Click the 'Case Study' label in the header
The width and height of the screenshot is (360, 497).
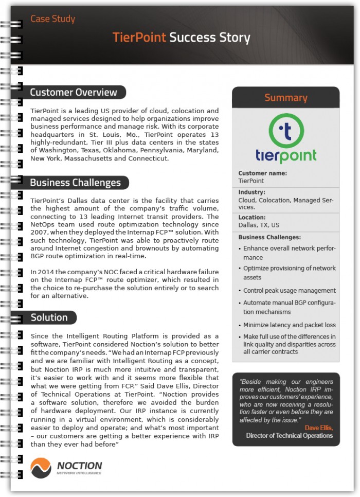coord(52,19)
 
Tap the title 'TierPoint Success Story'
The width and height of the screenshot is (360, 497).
coord(182,38)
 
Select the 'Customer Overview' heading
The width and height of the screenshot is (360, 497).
coord(74,93)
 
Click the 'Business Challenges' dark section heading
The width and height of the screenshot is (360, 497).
coord(75,183)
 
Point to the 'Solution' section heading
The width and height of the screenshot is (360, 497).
coord(49,317)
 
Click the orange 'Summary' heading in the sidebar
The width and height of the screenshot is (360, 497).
coord(285,97)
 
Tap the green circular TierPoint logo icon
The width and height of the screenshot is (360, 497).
coord(286,131)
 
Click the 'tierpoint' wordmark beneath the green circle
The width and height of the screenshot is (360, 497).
coord(286,156)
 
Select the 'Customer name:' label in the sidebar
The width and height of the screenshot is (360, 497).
coord(262,173)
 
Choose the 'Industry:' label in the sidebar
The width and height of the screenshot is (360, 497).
coord(251,192)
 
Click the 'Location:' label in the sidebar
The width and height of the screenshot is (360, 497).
coord(252,218)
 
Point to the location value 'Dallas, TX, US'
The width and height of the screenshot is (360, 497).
coord(259,225)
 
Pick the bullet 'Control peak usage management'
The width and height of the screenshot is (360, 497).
coord(289,291)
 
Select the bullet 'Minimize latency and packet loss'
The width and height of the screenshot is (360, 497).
coord(289,325)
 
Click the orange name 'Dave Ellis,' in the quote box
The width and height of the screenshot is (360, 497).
coord(318,428)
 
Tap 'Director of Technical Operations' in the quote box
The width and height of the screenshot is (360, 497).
coord(289,436)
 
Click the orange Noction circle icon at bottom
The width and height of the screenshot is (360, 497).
coord(41,468)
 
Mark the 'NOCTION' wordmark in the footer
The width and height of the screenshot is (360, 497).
coord(79,465)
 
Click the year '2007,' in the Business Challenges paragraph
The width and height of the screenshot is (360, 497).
coord(40,232)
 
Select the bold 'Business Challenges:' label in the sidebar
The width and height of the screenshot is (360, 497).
coord(269,237)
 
